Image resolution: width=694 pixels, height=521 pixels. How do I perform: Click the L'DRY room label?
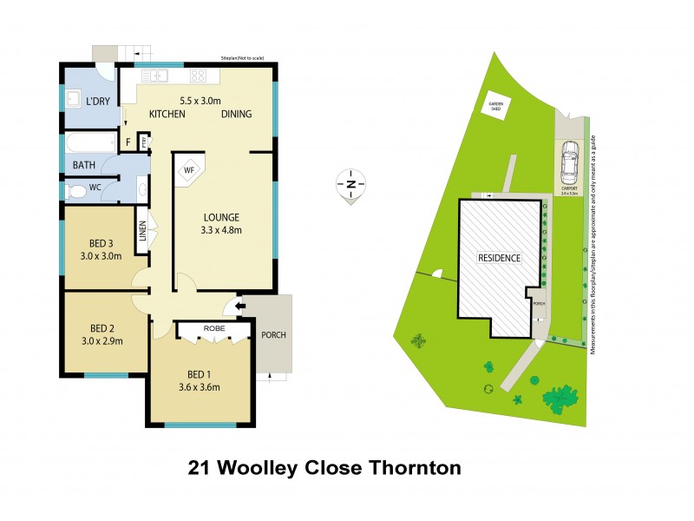98,102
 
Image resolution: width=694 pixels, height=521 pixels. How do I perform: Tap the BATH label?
83,164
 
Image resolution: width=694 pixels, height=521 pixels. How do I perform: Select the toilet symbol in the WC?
75,188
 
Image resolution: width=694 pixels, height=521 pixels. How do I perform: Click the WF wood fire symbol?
188,170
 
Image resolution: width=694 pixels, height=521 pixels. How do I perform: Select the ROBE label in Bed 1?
213,329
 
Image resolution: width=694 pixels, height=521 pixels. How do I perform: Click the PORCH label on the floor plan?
273,335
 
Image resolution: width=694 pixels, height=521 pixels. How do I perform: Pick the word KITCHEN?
167,115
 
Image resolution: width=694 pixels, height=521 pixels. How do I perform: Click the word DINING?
236,115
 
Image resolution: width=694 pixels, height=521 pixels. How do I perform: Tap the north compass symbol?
351,184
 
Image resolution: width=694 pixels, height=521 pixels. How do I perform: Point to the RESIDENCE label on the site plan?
499,258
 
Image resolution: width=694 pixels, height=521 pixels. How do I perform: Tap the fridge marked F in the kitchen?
128,142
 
